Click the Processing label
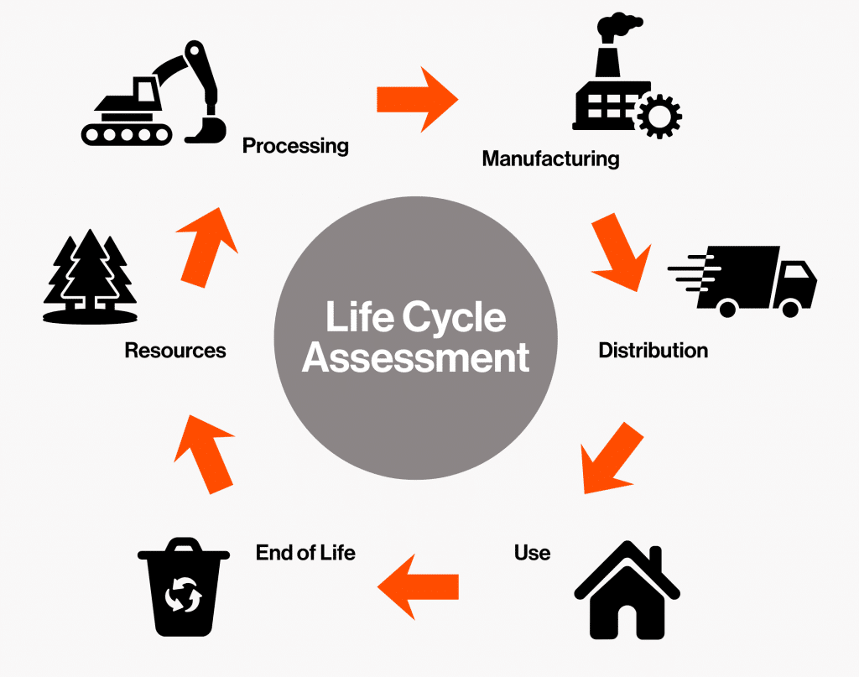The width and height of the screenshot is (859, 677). click(x=295, y=146)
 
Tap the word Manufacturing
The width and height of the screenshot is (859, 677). click(x=550, y=158)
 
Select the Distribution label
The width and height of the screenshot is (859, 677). click(x=653, y=350)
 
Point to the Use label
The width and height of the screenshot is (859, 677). click(x=532, y=553)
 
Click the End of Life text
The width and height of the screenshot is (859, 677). click(x=305, y=553)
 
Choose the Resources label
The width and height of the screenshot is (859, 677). click(x=175, y=350)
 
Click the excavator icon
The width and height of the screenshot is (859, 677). click(x=154, y=99)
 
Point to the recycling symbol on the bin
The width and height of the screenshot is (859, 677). click(x=183, y=596)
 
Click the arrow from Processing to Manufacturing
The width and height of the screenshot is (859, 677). click(x=417, y=99)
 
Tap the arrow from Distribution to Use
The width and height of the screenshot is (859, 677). click(x=611, y=457)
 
